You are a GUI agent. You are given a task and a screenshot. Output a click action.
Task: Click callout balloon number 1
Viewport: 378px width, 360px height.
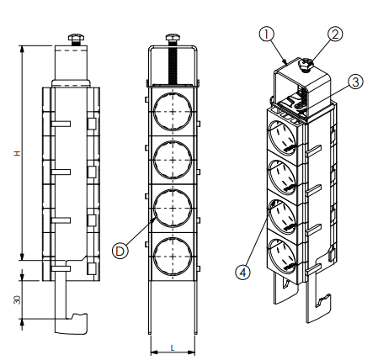point(266,34)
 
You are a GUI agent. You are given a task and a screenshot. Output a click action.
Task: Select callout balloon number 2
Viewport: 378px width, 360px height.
point(335,34)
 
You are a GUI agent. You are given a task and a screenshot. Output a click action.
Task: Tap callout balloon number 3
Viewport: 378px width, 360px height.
point(355,82)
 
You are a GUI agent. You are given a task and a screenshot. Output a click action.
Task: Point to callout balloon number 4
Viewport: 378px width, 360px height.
point(242,272)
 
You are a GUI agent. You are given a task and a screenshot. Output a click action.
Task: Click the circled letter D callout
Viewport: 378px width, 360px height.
point(120,251)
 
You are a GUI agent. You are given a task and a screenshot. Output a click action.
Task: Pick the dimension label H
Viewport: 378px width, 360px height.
point(18,153)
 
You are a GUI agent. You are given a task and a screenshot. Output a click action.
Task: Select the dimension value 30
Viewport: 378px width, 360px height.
point(18,300)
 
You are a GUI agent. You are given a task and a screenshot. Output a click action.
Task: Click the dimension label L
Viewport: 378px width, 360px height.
point(173,348)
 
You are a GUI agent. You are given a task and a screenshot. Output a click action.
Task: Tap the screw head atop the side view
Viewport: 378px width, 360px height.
point(77,37)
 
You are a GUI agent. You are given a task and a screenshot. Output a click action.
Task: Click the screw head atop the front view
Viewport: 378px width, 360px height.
point(173,37)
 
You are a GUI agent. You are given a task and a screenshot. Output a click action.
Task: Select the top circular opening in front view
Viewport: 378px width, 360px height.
point(173,111)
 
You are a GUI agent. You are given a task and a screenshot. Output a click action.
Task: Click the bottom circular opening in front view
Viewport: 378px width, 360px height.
point(173,257)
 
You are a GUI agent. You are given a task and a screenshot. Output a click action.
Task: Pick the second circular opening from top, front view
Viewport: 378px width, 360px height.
point(173,160)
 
